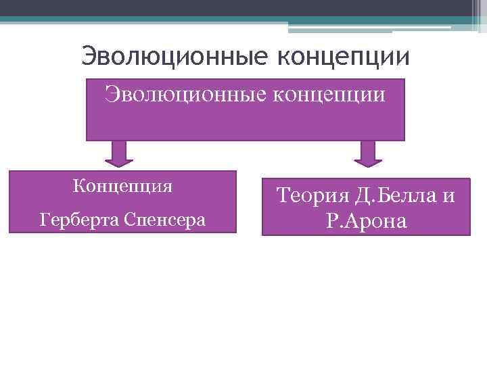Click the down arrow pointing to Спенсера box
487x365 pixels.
[x=118, y=153]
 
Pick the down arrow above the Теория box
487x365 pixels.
[x=368, y=153]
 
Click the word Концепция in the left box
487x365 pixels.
[x=122, y=186]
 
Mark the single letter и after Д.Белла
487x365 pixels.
[x=448, y=197]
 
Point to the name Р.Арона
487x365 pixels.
[x=366, y=222]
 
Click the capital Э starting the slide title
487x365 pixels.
[x=88, y=56]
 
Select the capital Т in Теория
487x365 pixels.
[x=281, y=196]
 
